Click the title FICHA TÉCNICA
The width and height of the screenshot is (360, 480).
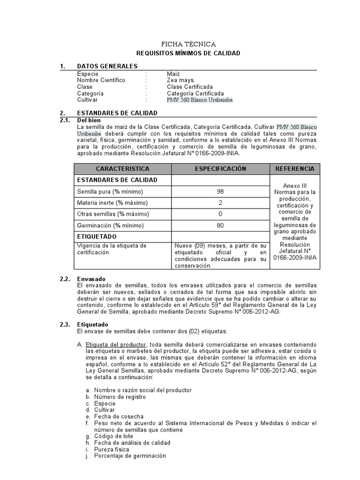pyautogui.click(x=188, y=44)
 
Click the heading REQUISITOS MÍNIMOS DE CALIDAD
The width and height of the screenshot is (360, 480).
pyautogui.click(x=188, y=53)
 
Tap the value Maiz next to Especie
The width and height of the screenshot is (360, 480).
pyautogui.click(x=173, y=74)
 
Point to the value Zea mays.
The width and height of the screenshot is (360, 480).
pyautogui.click(x=180, y=81)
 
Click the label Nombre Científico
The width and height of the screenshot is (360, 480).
pyautogui.click(x=101, y=81)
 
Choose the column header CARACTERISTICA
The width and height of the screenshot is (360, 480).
pyautogui.click(x=122, y=169)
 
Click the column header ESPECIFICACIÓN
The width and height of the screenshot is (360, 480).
pyautogui.click(x=220, y=169)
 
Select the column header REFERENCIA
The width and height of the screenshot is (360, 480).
pyautogui.click(x=295, y=169)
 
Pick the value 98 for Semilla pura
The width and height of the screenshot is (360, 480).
pyautogui.click(x=220, y=192)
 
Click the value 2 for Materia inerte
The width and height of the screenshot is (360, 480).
pyautogui.click(x=220, y=203)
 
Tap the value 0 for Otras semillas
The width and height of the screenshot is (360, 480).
pyautogui.click(x=220, y=214)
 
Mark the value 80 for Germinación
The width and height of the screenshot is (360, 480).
pyautogui.click(x=220, y=225)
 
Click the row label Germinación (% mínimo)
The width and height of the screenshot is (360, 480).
pyautogui.click(x=110, y=225)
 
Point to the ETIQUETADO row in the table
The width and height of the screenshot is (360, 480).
pyautogui.click(x=97, y=237)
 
